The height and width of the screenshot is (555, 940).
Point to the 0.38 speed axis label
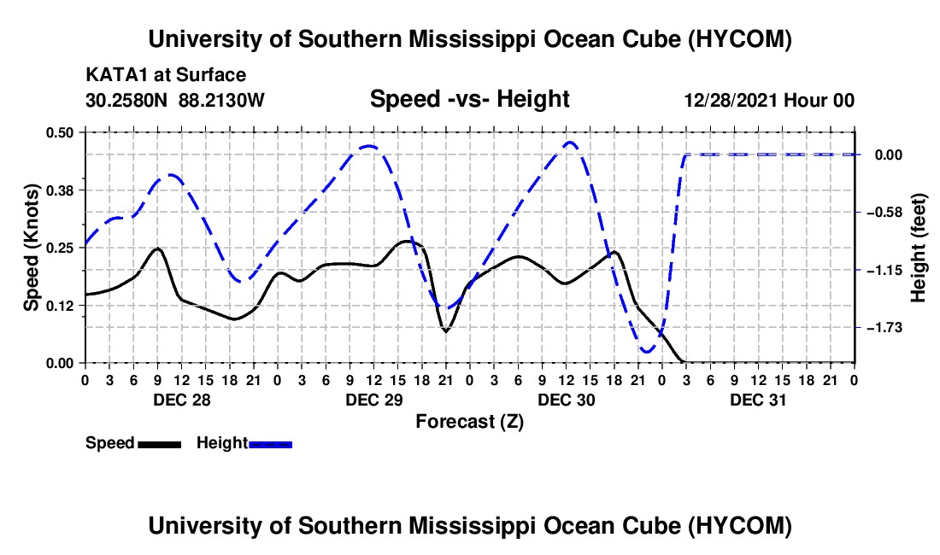pyautogui.click(x=59, y=190)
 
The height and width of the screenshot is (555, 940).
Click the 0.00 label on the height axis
pyautogui.click(x=889, y=155)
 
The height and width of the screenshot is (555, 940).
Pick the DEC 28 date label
pyautogui.click(x=182, y=400)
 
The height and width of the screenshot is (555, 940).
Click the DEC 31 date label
pyautogui.click(x=758, y=400)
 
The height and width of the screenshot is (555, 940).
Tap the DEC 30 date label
pyautogui.click(x=566, y=400)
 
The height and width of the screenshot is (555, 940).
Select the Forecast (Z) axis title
pyautogui.click(x=469, y=422)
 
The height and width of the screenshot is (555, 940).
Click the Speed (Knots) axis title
pyautogui.click(x=31, y=248)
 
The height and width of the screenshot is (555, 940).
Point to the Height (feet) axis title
pyautogui.click(x=919, y=248)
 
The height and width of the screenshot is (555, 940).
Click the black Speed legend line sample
pyautogui.click(x=160, y=445)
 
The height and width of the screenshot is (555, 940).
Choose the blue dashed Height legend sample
pyautogui.click(x=270, y=445)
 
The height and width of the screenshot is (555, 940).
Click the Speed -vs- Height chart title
pyautogui.click(x=469, y=99)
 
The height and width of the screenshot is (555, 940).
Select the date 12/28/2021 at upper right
pyautogui.click(x=731, y=100)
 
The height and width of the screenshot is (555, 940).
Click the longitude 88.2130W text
pyautogui.click(x=221, y=100)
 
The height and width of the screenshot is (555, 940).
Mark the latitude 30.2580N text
pyautogui.click(x=126, y=100)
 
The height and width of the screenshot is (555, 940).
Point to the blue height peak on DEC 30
pyautogui.click(x=569, y=143)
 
